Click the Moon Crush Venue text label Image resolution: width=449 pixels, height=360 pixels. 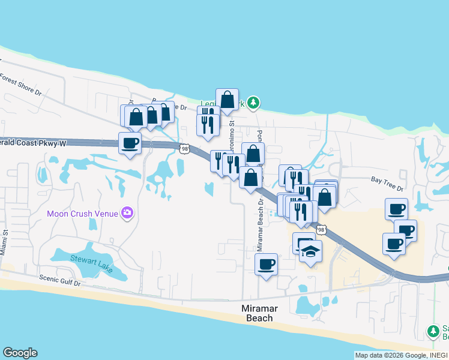click(x=83, y=214)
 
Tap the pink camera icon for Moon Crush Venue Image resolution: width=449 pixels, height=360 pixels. click(x=127, y=212)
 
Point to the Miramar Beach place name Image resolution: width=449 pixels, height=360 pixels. click(x=259, y=313)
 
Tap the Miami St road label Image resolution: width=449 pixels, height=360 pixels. click(x=5, y=240)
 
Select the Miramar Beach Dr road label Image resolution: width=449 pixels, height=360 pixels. click(x=261, y=226)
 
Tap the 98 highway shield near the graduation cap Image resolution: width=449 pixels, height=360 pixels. click(x=322, y=230)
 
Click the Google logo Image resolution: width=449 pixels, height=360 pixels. click(x=20, y=353)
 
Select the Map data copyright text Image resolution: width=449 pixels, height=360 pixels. click(x=401, y=355)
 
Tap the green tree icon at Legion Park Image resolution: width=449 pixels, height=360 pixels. click(x=254, y=103)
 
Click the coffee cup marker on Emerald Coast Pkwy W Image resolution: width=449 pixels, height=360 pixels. click(x=130, y=143)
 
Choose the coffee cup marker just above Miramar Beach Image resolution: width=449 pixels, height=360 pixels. click(x=266, y=263)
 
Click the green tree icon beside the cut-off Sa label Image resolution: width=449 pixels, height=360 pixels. click(x=433, y=331)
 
